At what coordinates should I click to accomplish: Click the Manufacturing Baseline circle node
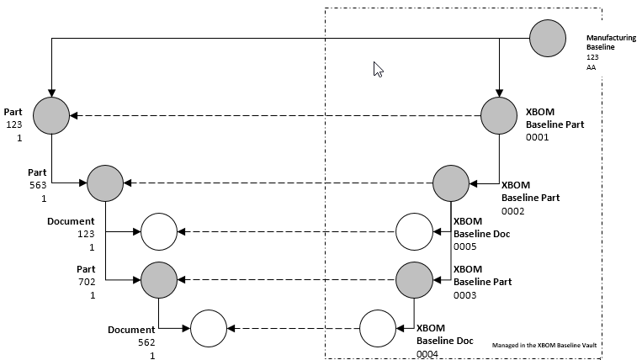[549, 38]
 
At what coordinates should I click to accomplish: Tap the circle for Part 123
[51, 115]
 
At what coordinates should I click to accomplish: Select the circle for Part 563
[105, 183]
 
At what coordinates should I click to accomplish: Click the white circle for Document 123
[159, 231]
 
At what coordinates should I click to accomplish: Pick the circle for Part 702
[159, 279]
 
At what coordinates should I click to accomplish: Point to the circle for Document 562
[209, 328]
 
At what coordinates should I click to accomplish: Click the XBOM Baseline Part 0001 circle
[500, 115]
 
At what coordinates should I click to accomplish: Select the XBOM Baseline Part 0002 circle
[452, 183]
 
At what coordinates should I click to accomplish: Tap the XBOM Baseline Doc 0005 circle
[415, 231]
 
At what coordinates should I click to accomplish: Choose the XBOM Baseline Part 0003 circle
[415, 279]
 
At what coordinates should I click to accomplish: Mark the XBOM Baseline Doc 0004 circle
[379, 328]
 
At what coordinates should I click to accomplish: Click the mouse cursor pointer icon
[378, 70]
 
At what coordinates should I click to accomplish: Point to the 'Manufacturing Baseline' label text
[611, 42]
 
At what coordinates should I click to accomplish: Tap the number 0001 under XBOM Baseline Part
[537, 136]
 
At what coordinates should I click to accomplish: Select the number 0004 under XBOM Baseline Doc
[427, 354]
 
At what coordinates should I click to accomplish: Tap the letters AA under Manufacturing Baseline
[591, 67]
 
